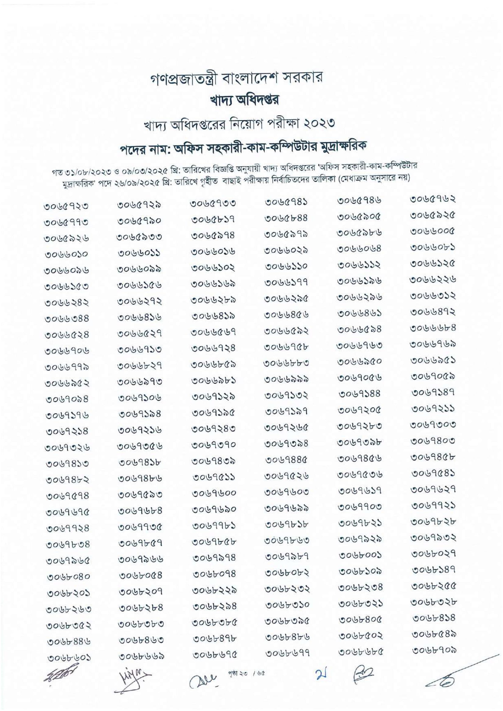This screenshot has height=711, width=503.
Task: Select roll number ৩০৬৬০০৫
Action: (433, 231)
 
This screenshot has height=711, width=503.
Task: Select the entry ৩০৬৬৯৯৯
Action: (287, 379)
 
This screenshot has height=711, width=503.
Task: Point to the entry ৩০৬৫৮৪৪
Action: (286, 218)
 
